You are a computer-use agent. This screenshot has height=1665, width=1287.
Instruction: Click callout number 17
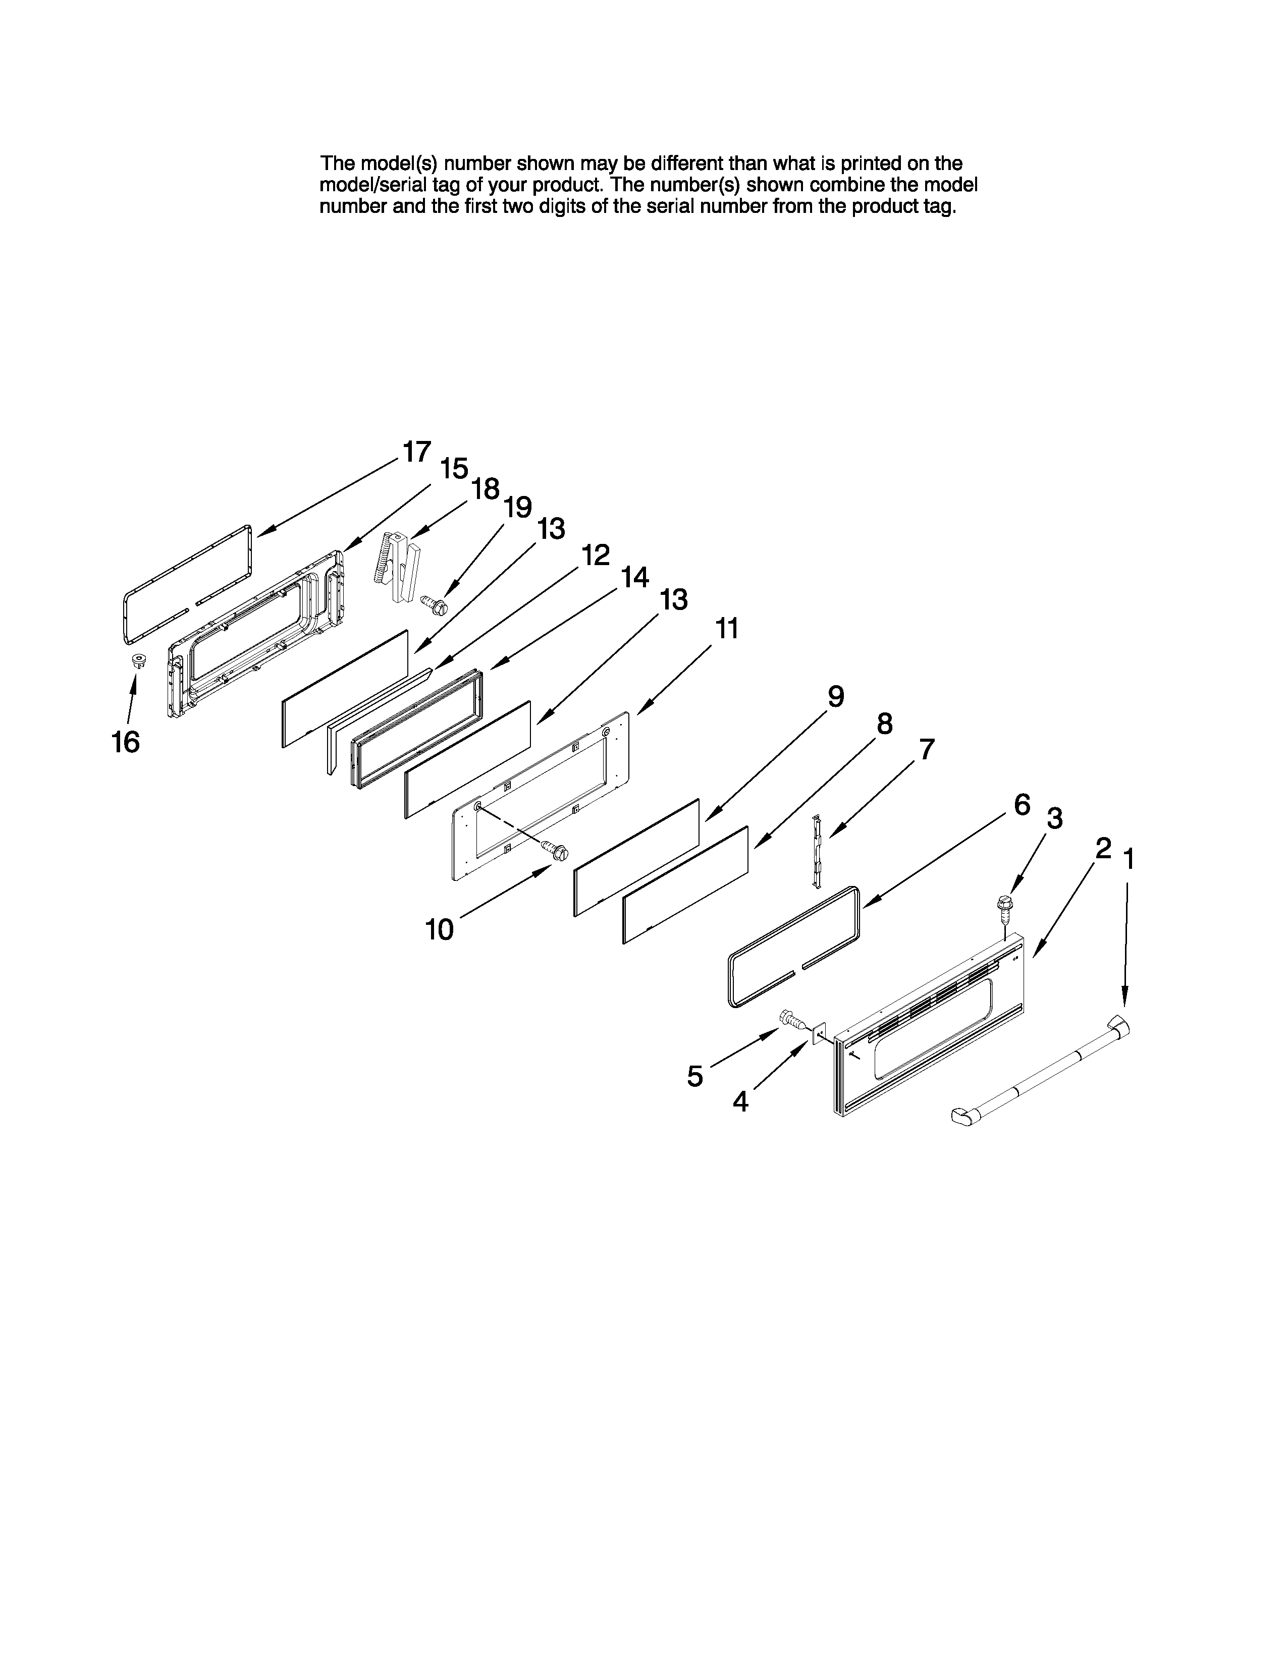(416, 452)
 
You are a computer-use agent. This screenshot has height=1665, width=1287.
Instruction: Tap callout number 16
(126, 742)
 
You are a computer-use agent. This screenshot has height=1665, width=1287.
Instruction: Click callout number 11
(727, 630)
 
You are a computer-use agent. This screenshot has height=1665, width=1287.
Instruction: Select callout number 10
(439, 929)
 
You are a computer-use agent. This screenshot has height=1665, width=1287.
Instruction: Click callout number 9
(836, 696)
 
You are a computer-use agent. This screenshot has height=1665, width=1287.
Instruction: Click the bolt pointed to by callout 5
(791, 1019)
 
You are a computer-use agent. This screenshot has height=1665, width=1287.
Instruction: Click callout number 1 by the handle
(1129, 860)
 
